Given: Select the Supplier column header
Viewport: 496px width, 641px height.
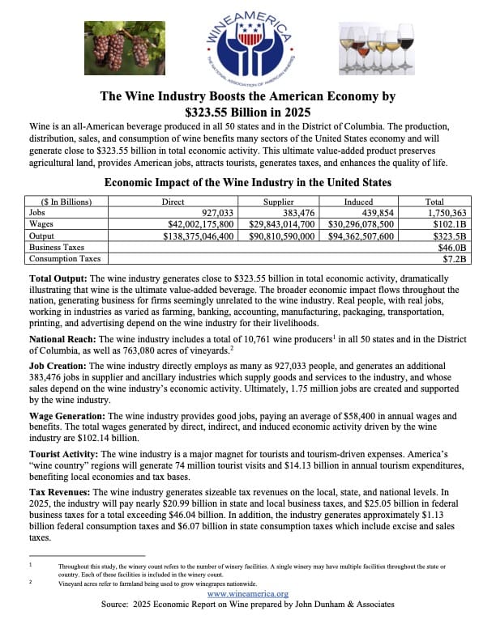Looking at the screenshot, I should [278, 202].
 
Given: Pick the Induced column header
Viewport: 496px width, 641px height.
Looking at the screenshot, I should [358, 202].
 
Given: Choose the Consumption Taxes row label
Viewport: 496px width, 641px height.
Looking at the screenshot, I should [65, 259].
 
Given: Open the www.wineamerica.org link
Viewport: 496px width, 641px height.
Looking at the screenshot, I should [248, 594].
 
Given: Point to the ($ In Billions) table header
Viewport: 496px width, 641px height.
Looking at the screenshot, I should [61, 202].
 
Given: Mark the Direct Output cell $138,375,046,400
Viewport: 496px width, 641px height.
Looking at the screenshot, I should [194, 236].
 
